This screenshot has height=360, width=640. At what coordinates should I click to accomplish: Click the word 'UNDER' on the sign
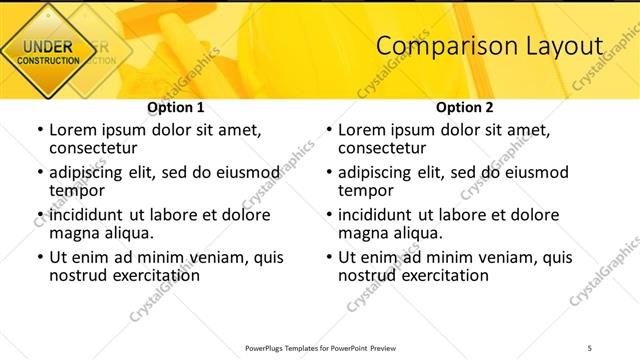[47, 47]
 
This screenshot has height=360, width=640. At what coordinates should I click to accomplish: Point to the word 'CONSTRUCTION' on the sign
[47, 61]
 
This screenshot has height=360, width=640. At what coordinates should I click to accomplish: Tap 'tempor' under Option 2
[366, 190]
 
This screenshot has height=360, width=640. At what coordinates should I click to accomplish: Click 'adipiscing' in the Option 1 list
[90, 171]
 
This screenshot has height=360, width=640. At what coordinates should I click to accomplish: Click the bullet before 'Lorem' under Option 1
[39, 130]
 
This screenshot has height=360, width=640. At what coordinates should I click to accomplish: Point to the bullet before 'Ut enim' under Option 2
[328, 257]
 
